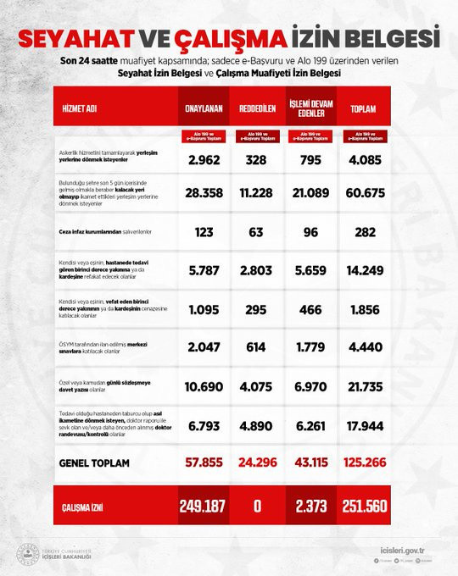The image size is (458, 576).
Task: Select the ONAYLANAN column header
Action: click(204, 108)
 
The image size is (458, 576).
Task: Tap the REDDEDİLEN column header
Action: click(254, 108)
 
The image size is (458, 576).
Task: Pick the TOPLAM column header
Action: click(363, 108)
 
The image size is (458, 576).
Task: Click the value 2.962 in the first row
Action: click(204, 158)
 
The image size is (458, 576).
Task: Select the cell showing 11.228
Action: click(254, 193)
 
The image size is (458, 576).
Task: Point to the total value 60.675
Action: click(363, 193)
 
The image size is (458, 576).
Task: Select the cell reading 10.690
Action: click(204, 386)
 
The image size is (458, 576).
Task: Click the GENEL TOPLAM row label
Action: click(94, 463)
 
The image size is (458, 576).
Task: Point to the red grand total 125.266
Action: click(363, 463)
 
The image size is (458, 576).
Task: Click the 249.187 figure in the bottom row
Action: click(204, 506)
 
